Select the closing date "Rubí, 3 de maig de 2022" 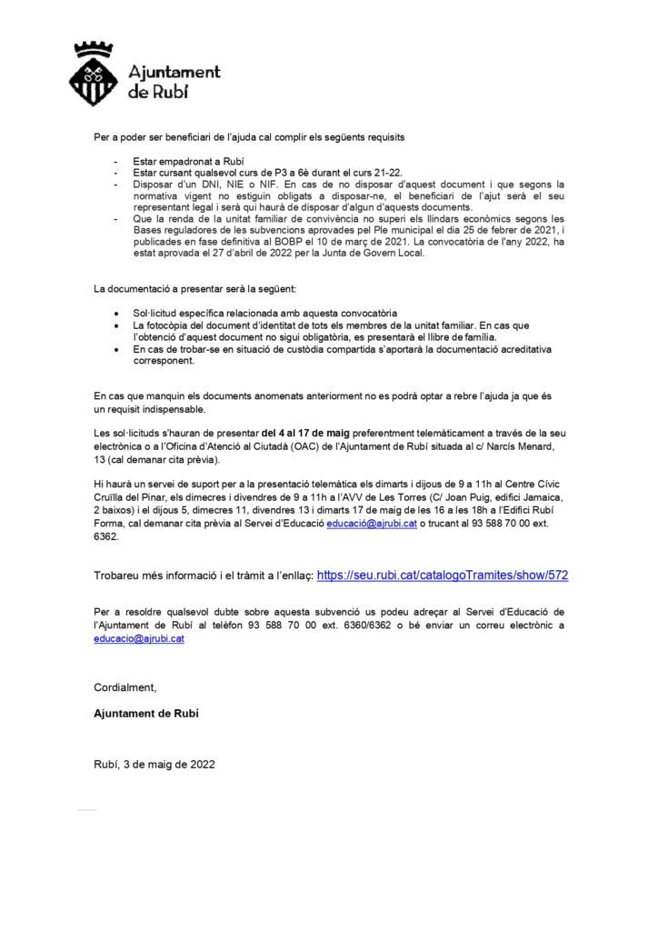pos(155,765)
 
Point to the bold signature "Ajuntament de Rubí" pos(146,714)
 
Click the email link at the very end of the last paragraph pos(139,638)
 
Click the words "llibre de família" pos(454,336)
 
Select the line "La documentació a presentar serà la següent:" pos(195,288)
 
